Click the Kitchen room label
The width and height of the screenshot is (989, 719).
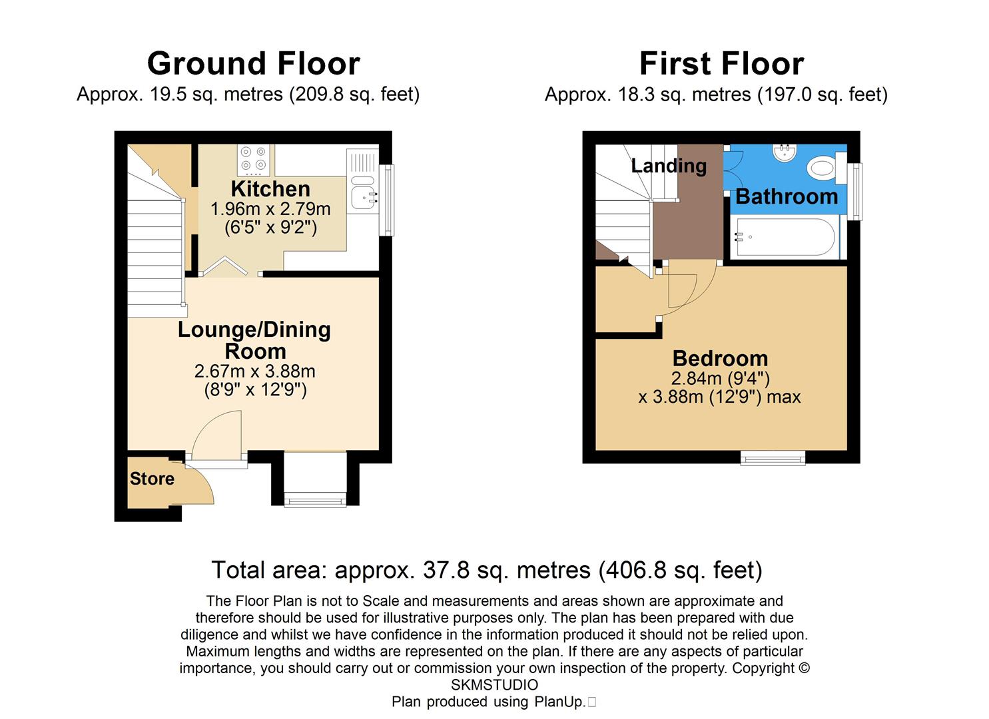270,189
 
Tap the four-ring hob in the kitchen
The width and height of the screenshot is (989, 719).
254,159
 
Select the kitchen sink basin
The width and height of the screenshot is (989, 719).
363,197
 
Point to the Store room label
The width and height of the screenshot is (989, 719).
152,479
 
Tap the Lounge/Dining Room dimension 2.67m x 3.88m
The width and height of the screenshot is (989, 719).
255,371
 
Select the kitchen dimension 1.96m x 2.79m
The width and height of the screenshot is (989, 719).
270,209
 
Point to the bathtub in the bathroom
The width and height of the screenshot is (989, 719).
783,237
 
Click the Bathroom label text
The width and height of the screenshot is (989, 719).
787,197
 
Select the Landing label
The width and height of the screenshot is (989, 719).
669,165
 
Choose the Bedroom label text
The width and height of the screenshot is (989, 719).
720,358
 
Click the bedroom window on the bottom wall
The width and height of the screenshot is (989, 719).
773,457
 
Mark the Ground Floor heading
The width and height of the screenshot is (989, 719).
253,64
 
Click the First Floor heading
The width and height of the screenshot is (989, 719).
721,64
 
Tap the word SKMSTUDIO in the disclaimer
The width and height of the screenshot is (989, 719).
494,685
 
